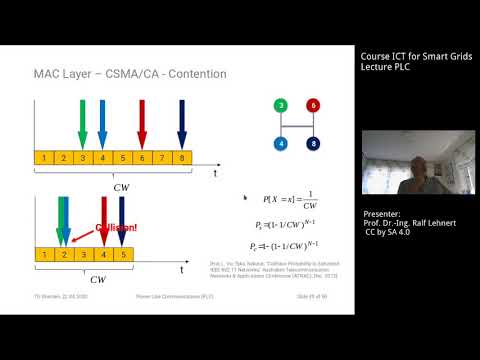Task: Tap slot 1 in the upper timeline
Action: pos(44,157)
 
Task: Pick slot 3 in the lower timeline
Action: pos(84,255)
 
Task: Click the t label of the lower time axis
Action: pos(182,270)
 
